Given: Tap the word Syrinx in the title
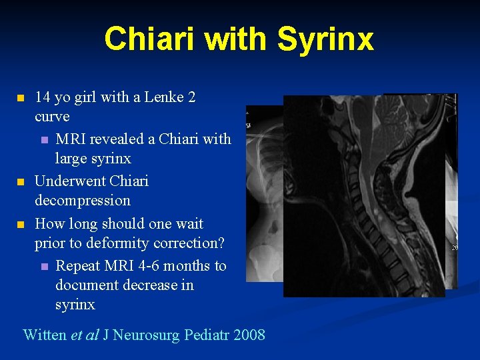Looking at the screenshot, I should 325,39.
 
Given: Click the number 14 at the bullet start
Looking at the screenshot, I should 43,97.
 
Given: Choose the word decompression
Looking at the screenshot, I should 83,201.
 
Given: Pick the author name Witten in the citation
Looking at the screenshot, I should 45,335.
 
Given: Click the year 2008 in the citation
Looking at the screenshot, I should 249,335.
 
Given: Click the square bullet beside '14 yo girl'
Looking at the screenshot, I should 20,98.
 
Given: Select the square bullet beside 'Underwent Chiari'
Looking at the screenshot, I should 20,182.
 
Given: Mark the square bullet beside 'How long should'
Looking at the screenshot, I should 20,225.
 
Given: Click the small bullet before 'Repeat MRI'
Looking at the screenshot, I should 44,267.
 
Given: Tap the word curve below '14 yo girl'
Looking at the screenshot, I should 52,117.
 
